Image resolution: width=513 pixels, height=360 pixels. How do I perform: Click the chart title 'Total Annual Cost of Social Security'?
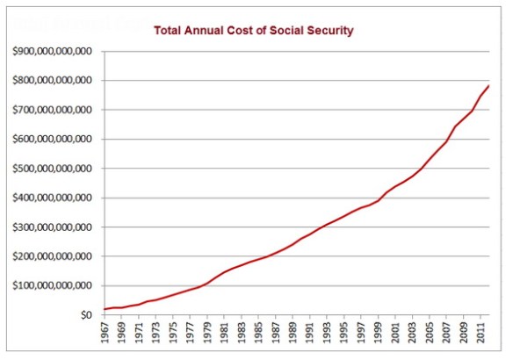[254, 31]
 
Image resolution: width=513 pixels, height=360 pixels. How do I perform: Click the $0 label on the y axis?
[86, 314]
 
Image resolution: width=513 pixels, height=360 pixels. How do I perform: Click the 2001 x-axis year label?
[395, 335]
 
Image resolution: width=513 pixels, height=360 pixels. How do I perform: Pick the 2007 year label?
[446, 335]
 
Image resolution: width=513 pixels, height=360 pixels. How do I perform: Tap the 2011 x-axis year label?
[480, 335]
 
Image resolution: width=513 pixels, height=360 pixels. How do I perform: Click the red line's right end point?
[488, 86]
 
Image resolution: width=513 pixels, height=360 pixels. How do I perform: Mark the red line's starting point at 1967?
[105, 309]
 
